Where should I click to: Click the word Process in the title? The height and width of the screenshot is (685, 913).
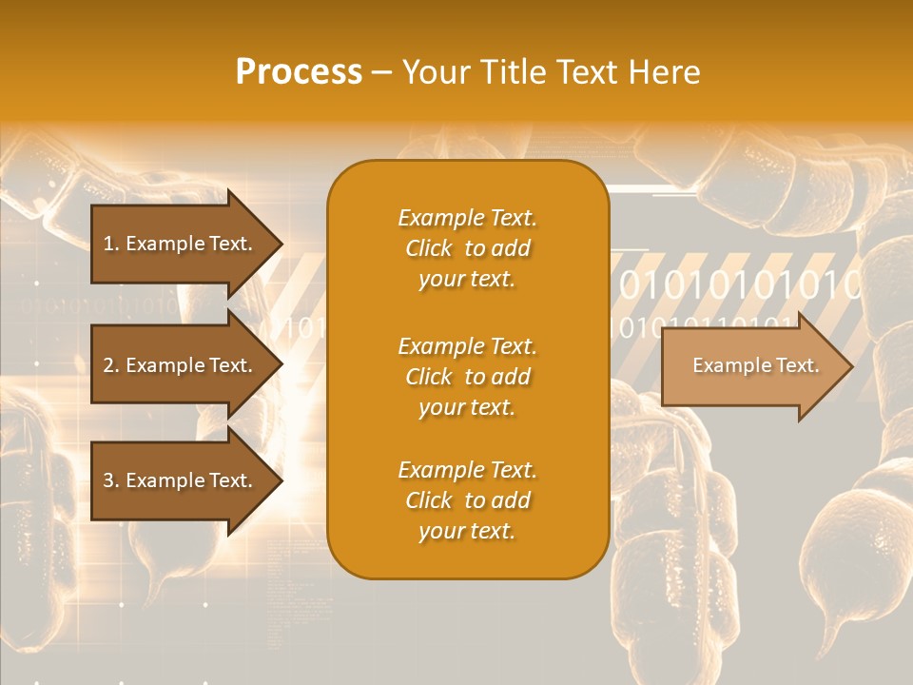299,72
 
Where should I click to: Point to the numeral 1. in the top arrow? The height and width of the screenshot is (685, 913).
110,244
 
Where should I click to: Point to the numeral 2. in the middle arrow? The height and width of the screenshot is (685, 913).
110,365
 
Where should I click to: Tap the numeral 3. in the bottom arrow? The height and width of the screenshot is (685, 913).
110,480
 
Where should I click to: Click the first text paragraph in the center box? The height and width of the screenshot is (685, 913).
467,248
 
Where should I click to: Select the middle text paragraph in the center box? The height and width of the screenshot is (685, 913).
467,377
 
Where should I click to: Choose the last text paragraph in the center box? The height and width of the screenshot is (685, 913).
467,500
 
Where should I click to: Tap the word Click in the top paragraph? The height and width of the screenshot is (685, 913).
428,248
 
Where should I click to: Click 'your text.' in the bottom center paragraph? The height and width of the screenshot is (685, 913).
467,531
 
